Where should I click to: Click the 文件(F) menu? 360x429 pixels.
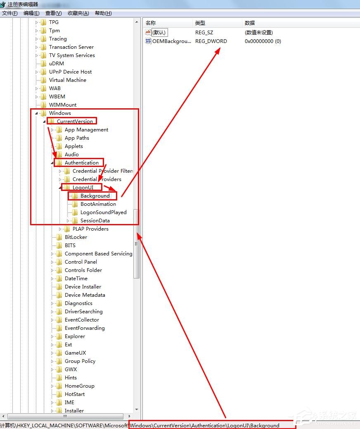(9, 13)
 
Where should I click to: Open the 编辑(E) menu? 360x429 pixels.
(31, 13)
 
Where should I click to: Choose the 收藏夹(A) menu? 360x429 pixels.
(78, 13)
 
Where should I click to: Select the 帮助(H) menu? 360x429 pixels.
(103, 13)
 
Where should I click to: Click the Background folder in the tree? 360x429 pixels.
(95, 196)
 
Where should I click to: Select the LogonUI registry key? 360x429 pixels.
(83, 188)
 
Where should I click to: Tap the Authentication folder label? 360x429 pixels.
(81, 163)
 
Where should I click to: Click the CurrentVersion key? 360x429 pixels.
(75, 122)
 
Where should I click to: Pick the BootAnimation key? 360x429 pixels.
(98, 204)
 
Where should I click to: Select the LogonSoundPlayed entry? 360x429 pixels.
(103, 212)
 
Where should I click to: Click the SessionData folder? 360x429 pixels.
(95, 221)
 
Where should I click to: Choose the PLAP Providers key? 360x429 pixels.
(90, 229)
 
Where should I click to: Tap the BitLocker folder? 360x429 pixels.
(76, 237)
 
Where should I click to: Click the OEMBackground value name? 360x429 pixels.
(171, 41)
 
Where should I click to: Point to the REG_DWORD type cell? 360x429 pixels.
(211, 41)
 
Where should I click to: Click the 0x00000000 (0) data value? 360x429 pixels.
(263, 41)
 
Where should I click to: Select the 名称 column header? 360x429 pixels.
(151, 23)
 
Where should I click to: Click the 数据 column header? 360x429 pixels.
(250, 23)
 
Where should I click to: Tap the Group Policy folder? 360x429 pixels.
(80, 361)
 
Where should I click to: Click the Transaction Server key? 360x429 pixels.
(71, 47)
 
